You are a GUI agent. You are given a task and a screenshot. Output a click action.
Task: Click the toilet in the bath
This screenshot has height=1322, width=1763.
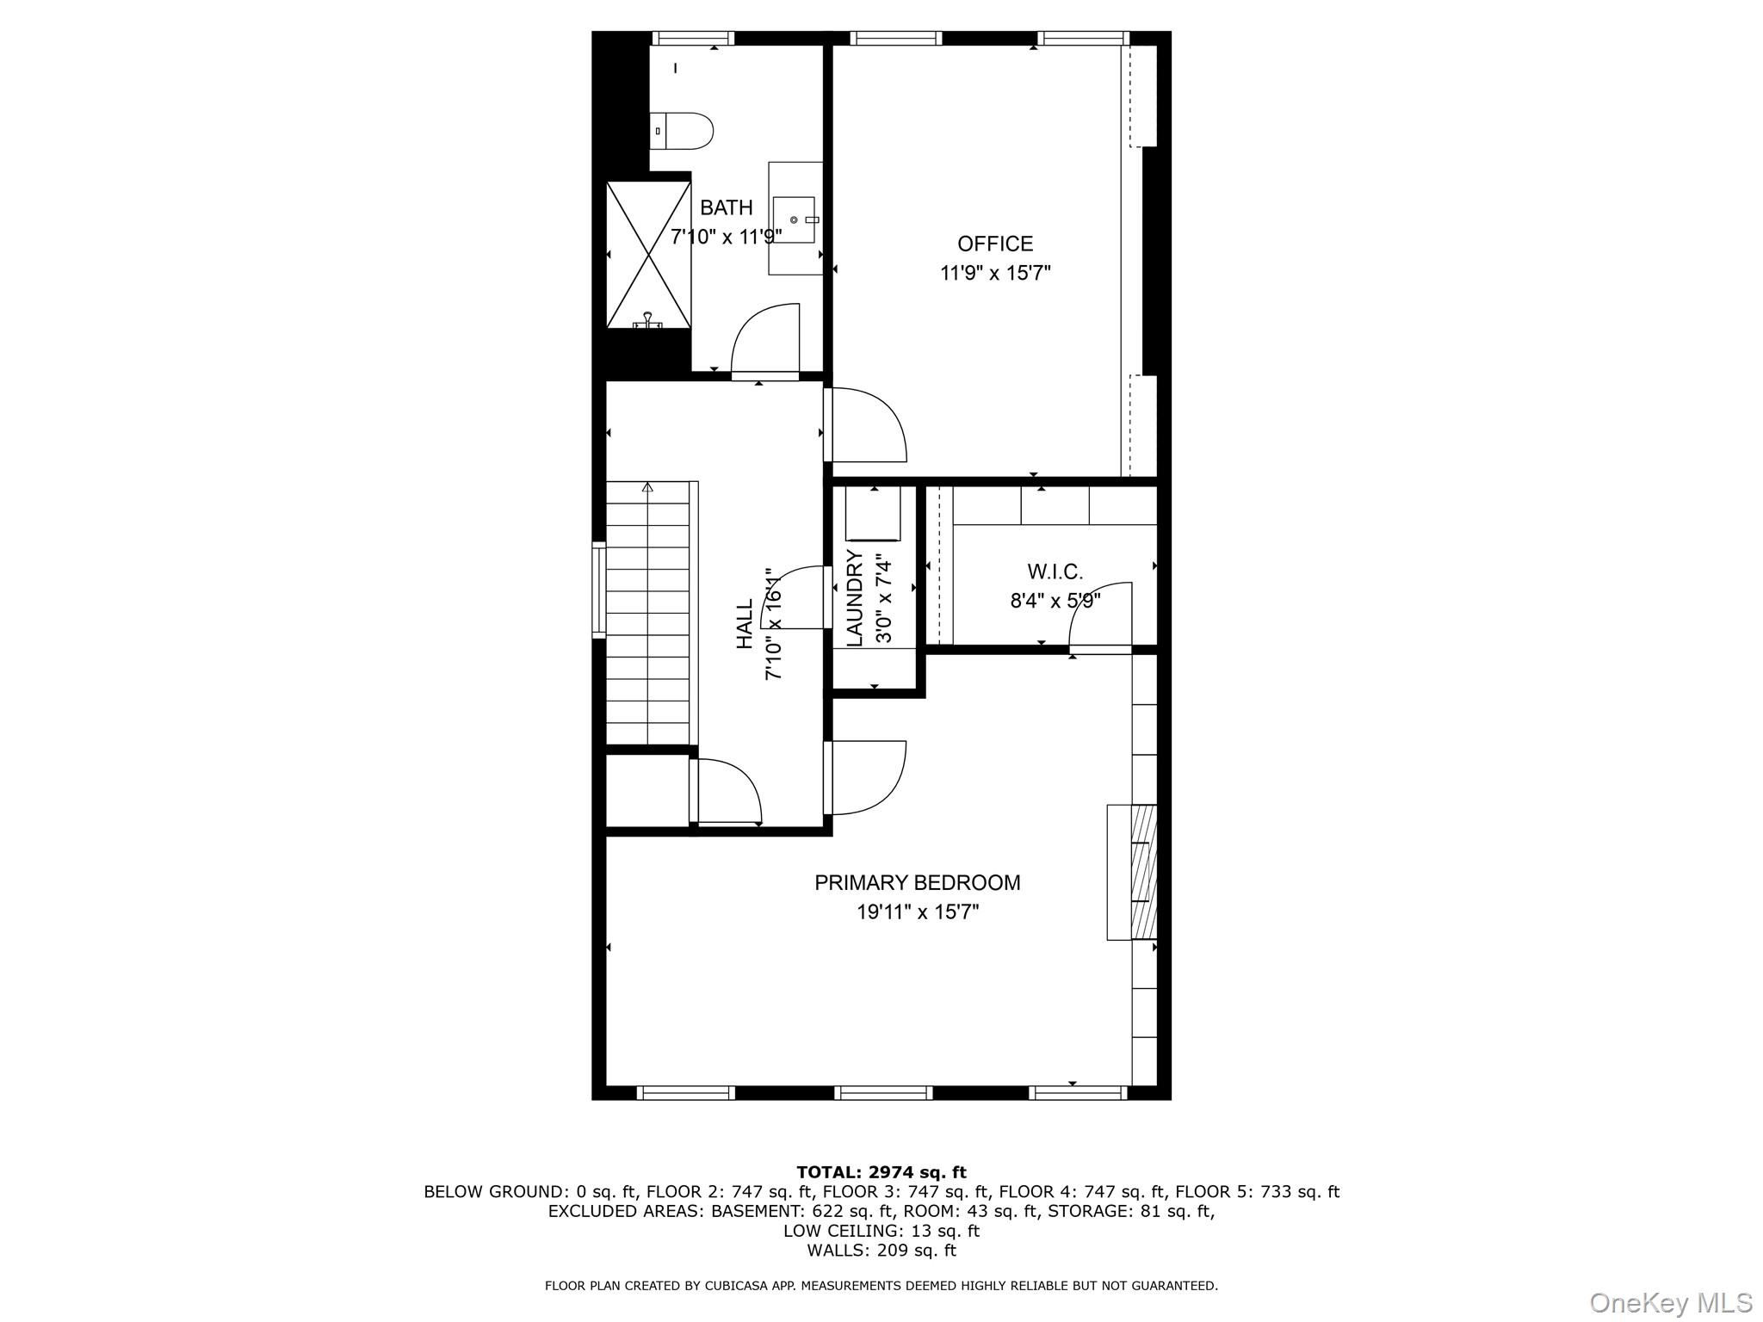point(681,131)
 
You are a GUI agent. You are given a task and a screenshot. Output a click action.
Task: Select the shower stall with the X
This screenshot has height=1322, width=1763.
point(648,255)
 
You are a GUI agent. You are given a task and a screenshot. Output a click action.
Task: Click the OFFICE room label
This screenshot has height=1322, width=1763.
point(995,244)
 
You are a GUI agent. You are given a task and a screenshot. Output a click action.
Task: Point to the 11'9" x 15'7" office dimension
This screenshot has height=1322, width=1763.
point(995,274)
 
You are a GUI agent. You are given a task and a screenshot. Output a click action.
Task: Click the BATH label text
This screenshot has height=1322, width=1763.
point(727,207)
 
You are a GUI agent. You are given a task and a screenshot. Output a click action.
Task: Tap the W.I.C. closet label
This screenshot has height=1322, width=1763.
point(1055,571)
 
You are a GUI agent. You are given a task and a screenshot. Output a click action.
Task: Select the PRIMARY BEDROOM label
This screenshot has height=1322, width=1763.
point(918,882)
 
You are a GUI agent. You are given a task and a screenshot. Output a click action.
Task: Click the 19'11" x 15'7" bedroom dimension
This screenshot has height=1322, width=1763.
point(918,911)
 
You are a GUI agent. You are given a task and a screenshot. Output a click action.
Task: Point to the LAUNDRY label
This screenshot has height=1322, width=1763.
point(855,597)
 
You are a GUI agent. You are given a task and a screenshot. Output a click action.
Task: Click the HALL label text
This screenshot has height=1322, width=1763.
point(745,624)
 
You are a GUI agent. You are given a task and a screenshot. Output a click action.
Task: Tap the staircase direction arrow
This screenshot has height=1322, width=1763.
point(647,487)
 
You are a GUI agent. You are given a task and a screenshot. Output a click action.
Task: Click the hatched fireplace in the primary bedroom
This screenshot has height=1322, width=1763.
point(1143,871)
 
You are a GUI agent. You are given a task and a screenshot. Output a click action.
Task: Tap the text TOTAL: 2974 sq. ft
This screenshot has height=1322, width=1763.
point(881,1172)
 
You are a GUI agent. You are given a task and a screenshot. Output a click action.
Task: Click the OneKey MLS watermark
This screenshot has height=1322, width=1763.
point(1671,1302)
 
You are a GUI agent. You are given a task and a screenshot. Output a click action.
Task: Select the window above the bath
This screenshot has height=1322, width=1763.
point(693,38)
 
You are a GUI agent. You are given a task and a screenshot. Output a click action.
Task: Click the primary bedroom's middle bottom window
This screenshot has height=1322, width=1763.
point(883,1093)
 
